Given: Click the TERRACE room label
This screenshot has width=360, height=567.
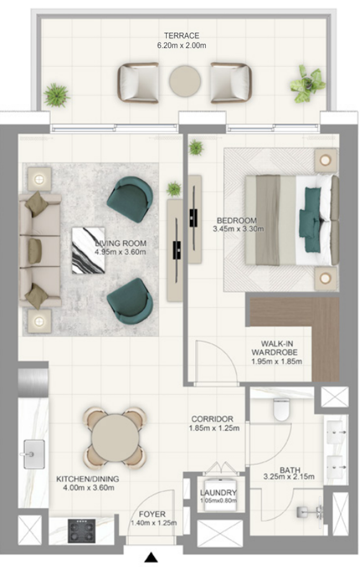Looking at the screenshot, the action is pos(181,36).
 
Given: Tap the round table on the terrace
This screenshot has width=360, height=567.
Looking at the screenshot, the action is pos(185,81).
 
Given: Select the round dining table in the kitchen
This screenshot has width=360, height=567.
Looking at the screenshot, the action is pos(115,437).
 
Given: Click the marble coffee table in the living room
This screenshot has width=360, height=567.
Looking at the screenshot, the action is pos(88,250).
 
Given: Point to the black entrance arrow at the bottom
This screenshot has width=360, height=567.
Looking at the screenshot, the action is pos(151,558).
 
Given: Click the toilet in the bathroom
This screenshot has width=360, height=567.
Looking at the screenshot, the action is pos(281,409).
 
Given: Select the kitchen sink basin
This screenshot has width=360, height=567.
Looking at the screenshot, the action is pos(34,454).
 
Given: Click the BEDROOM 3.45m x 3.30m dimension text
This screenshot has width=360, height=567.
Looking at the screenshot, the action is pos(238,229).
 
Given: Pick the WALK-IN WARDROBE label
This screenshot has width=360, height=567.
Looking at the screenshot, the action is pos(277,348).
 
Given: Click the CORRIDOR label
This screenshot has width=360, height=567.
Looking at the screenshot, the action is pos(212,419).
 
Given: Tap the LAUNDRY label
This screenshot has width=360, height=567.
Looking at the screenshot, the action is pos(218,493).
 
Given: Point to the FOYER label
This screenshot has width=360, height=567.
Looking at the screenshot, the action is pos(152,514).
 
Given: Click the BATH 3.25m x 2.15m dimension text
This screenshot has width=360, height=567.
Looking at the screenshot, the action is pos(289,477).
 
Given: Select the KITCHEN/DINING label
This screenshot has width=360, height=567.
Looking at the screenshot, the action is pos(88,479).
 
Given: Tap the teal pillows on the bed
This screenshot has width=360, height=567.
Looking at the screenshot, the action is pos(310,220).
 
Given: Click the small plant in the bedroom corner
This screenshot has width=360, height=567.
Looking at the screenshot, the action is pos(196,148).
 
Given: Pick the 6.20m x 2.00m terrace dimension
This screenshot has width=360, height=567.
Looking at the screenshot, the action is pos(181,45).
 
